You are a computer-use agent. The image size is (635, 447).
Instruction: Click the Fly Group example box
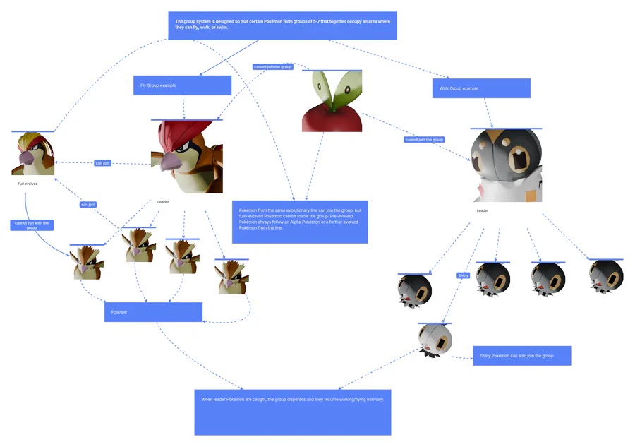click(182, 85)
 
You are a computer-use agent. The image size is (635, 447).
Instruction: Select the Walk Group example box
click(480, 88)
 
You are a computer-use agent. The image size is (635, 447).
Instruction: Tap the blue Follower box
click(153, 312)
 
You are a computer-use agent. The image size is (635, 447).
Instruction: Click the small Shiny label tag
click(463, 275)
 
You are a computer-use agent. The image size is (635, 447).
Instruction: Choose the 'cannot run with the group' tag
click(32, 225)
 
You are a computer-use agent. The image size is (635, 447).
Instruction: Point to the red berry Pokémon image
click(332, 102)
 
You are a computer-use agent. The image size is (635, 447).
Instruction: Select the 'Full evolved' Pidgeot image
click(32, 154)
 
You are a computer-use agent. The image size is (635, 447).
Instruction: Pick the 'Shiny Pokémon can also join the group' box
click(521, 356)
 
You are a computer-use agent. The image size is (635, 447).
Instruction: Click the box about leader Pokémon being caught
click(292, 412)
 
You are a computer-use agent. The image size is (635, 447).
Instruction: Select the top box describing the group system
click(282, 25)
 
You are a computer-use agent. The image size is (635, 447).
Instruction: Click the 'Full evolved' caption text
click(28, 184)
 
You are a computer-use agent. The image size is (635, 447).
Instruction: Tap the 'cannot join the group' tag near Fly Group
click(272, 67)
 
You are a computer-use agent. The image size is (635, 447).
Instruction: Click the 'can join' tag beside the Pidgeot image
click(102, 163)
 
